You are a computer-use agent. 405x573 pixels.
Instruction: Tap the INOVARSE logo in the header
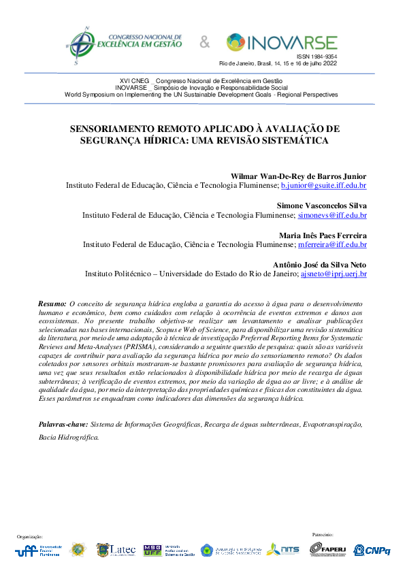coord(281,42)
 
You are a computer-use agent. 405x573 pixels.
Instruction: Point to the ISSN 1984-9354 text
coord(317,57)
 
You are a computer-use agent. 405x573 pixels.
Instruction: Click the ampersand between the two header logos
coord(205,43)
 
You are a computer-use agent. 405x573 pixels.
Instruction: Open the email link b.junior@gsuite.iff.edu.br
coord(324,185)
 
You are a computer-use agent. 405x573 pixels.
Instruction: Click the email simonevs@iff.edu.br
coord(332,215)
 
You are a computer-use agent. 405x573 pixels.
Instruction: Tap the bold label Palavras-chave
coord(63,424)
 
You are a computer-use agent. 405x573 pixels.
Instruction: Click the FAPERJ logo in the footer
coord(329,549)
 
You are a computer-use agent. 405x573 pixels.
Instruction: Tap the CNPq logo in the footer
coord(372,549)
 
